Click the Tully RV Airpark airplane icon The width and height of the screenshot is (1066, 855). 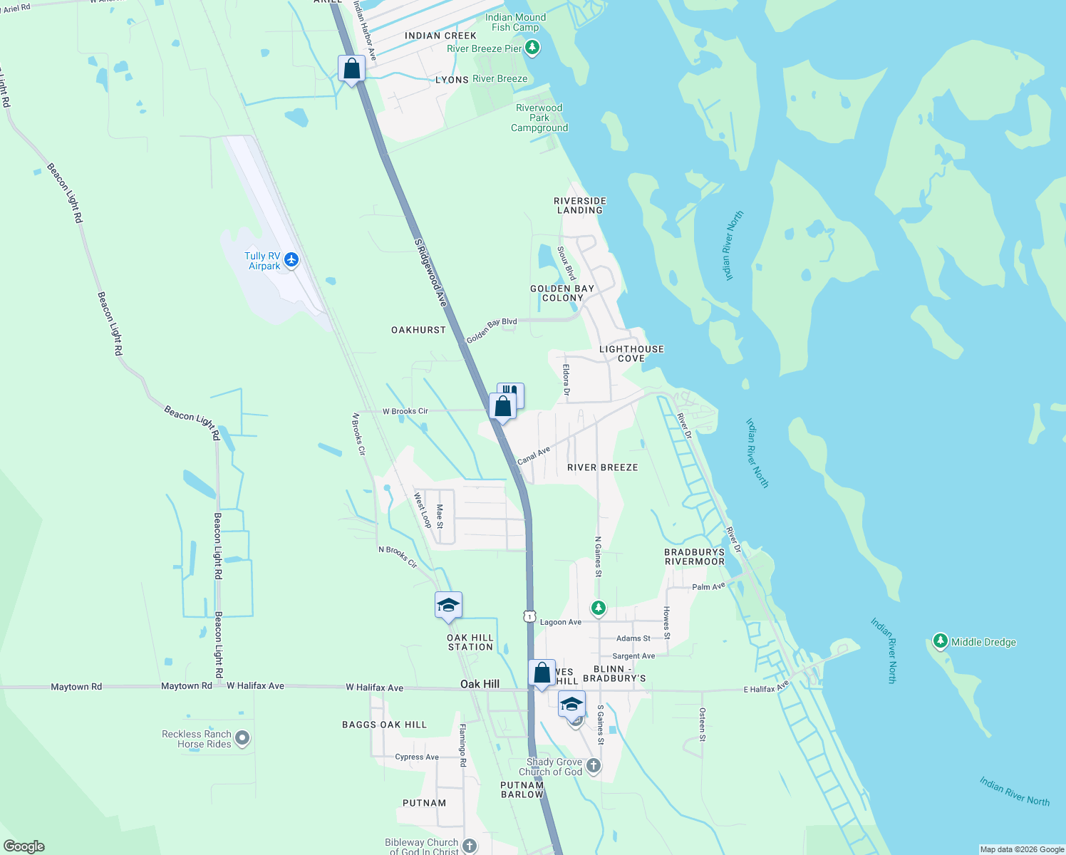pos(291,260)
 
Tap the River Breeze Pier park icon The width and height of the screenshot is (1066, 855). pos(532,48)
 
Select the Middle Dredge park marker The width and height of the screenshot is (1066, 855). pos(941,641)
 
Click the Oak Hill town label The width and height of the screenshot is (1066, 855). pos(480,684)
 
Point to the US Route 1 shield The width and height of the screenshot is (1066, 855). pos(529,616)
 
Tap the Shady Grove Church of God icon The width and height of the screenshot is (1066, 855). pos(594,766)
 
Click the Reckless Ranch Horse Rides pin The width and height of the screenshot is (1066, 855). pos(242,738)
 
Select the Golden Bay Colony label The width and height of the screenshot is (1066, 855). pos(562,293)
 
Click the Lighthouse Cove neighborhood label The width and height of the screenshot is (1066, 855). pos(631,353)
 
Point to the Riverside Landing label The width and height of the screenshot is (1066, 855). pos(580,205)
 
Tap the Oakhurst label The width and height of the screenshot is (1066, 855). pos(418,330)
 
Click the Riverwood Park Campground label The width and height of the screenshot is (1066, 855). pos(539,118)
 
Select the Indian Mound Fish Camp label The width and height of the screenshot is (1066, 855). pos(515,22)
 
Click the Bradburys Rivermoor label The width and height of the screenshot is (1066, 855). pos(694,556)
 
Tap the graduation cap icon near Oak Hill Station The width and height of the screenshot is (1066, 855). pos(448,606)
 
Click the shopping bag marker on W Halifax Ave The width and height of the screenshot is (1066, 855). pos(542,673)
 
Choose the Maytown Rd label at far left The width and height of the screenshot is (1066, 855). pos(76,687)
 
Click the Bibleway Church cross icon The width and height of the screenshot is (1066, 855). pos(469,846)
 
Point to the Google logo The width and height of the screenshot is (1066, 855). pos(24,846)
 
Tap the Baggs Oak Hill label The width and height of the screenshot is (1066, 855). pos(384,725)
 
